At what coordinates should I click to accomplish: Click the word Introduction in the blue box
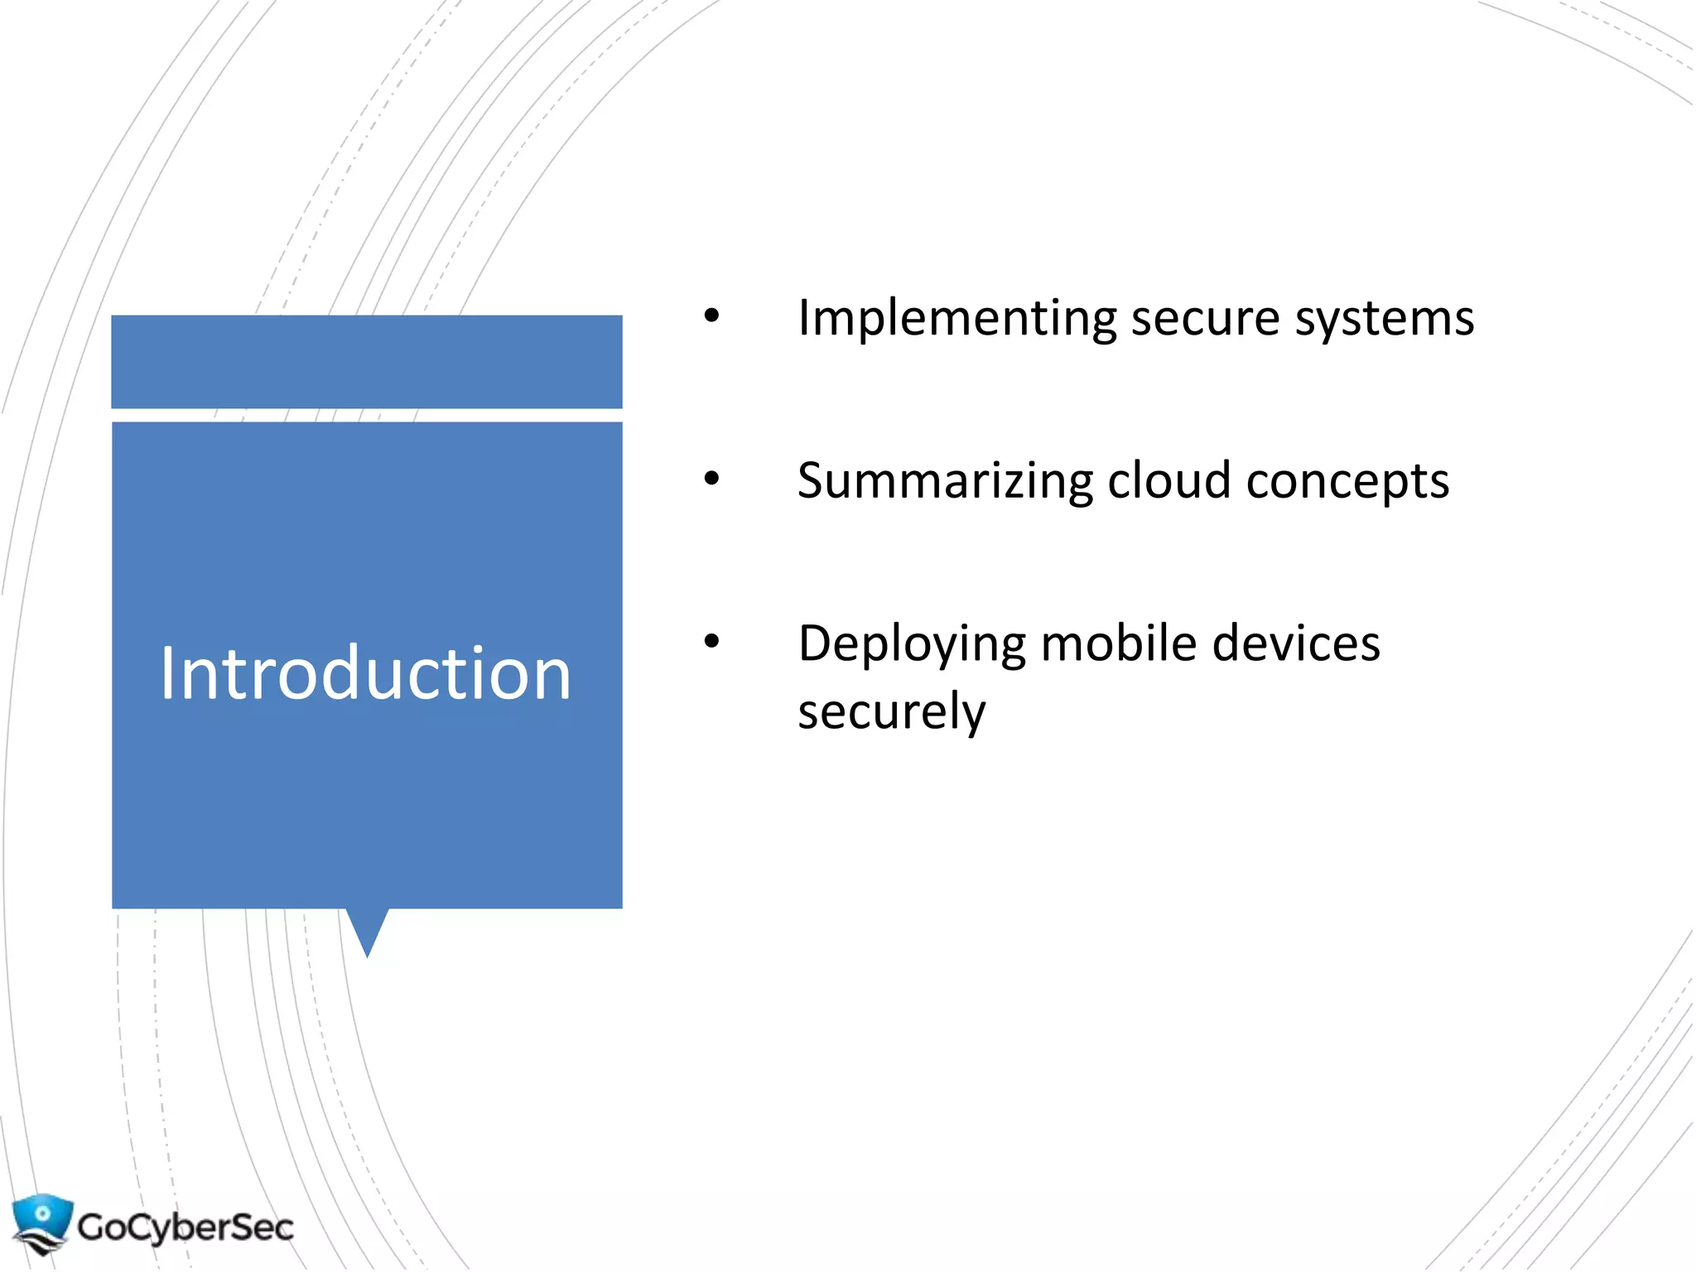[365, 673]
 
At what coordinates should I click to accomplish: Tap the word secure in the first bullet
[1205, 319]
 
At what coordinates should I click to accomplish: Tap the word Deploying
[912, 645]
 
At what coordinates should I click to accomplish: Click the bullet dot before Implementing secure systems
[711, 316]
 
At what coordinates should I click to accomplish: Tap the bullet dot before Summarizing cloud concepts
[711, 479]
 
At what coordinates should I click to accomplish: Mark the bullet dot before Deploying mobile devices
[711, 641]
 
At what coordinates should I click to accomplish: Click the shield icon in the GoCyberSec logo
[41, 1221]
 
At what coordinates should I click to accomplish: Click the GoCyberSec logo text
[185, 1226]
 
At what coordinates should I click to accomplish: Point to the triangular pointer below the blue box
[367, 930]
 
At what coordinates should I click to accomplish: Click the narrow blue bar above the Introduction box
[367, 361]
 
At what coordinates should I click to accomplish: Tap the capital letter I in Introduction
[167, 673]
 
